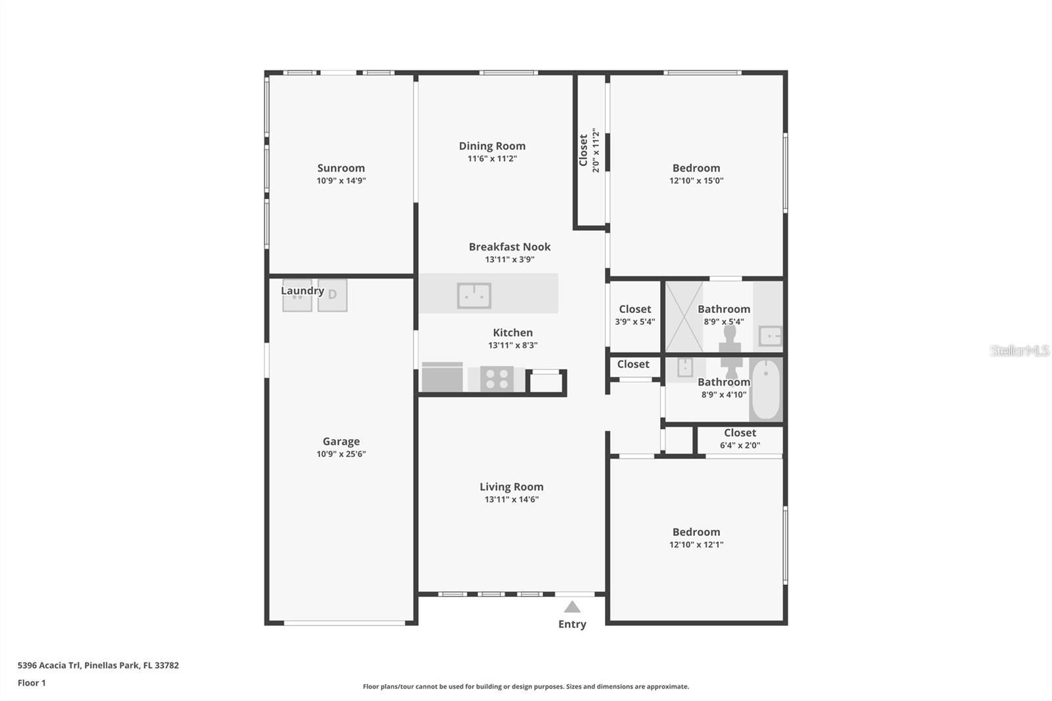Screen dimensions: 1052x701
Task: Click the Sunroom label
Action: click(x=341, y=168)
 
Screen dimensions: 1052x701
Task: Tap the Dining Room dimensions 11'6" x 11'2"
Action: click(x=492, y=158)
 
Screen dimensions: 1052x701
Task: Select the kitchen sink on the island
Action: click(x=474, y=296)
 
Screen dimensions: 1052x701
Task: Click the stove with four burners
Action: click(x=496, y=379)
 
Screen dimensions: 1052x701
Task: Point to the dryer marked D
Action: click(x=332, y=295)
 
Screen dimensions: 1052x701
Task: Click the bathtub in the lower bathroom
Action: click(x=765, y=389)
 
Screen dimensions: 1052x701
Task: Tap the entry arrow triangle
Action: click(x=572, y=607)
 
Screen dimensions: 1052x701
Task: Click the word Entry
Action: click(x=572, y=624)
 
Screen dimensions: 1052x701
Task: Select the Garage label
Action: click(x=341, y=441)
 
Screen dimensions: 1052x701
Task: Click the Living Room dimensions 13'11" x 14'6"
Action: click(x=512, y=499)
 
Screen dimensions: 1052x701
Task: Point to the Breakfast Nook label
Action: click(x=510, y=247)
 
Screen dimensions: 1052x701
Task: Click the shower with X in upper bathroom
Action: click(x=684, y=316)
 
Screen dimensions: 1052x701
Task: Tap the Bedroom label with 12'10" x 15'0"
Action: click(x=696, y=168)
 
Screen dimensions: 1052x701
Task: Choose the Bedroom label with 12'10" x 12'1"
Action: click(x=696, y=532)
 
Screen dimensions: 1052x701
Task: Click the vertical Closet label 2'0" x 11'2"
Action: click(x=583, y=151)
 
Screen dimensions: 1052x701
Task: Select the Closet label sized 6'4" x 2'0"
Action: click(x=740, y=433)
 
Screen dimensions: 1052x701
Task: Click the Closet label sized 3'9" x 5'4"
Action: click(x=634, y=309)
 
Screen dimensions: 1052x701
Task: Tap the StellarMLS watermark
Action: click(x=1019, y=350)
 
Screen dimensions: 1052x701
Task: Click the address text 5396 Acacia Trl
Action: click(x=98, y=665)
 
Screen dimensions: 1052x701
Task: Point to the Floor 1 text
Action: click(x=32, y=683)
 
